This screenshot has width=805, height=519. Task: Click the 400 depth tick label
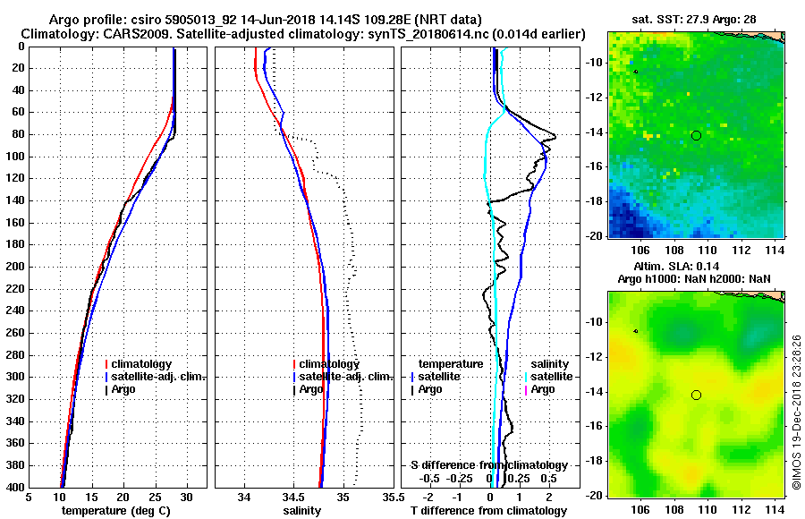coord(15,486)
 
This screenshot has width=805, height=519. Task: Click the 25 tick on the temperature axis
coord(155,497)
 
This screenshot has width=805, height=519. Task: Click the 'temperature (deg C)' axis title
coord(116,510)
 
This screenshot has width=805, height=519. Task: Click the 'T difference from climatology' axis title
coord(489,510)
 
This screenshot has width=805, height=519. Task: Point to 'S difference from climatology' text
coord(488,465)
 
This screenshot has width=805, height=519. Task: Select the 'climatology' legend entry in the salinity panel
coord(329,364)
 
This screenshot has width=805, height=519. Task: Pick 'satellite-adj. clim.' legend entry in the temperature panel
coord(158,377)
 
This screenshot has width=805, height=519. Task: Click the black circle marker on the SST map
coord(696,135)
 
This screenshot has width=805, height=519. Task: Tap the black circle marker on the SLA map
coord(696,395)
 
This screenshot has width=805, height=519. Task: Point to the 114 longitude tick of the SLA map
coord(776,509)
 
